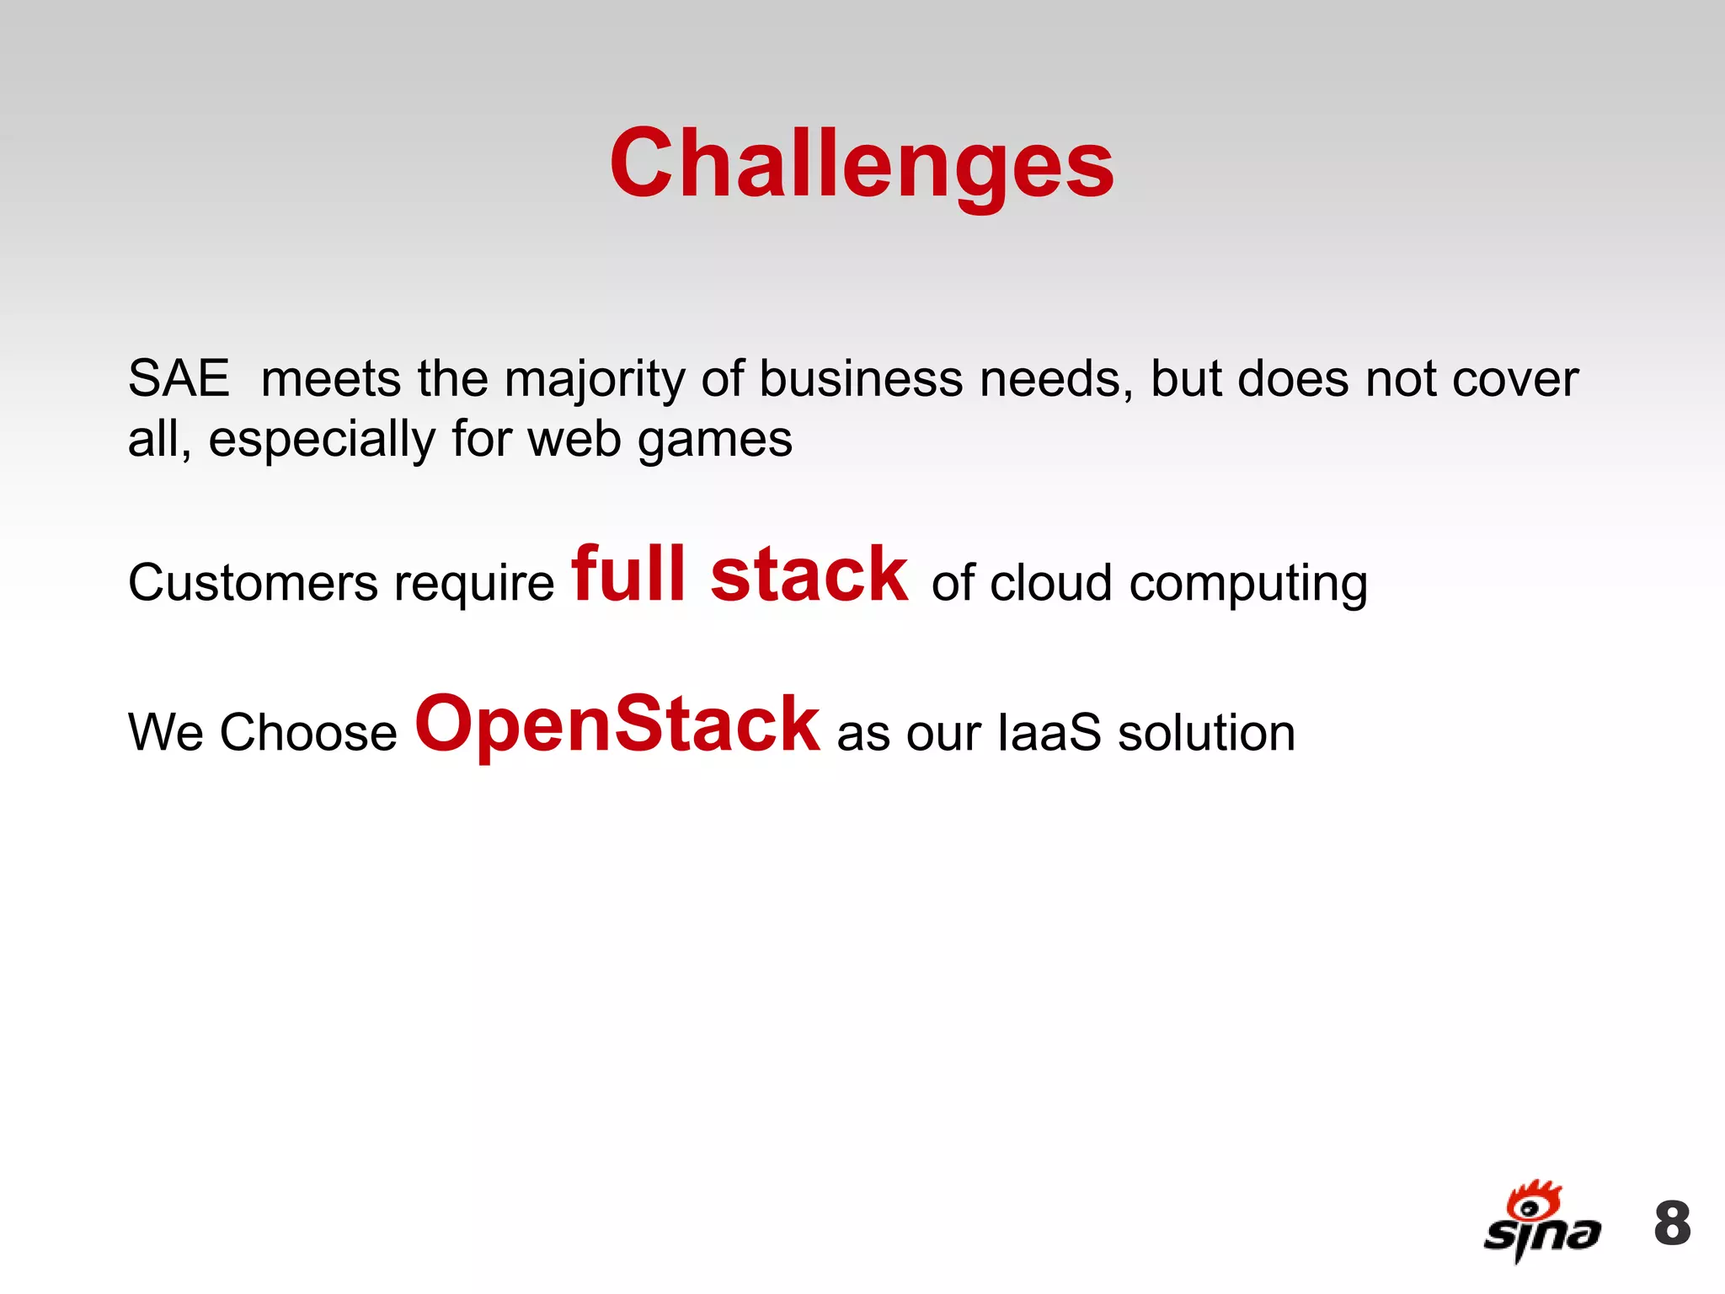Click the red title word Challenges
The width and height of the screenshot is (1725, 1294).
pos(862,164)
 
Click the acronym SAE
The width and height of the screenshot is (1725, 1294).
pos(179,378)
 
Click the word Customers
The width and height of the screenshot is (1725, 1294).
pos(253,583)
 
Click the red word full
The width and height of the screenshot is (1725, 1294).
pos(628,575)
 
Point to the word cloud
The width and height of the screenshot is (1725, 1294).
pos(1050,583)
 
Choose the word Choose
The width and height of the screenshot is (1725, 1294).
pos(308,732)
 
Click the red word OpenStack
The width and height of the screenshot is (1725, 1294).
pos(617,725)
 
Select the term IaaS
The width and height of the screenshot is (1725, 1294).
pos(1049,732)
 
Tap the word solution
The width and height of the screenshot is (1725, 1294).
pos(1206,732)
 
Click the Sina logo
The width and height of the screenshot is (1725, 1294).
pos(1541,1222)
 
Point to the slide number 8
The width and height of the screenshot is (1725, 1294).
pos(1672,1223)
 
